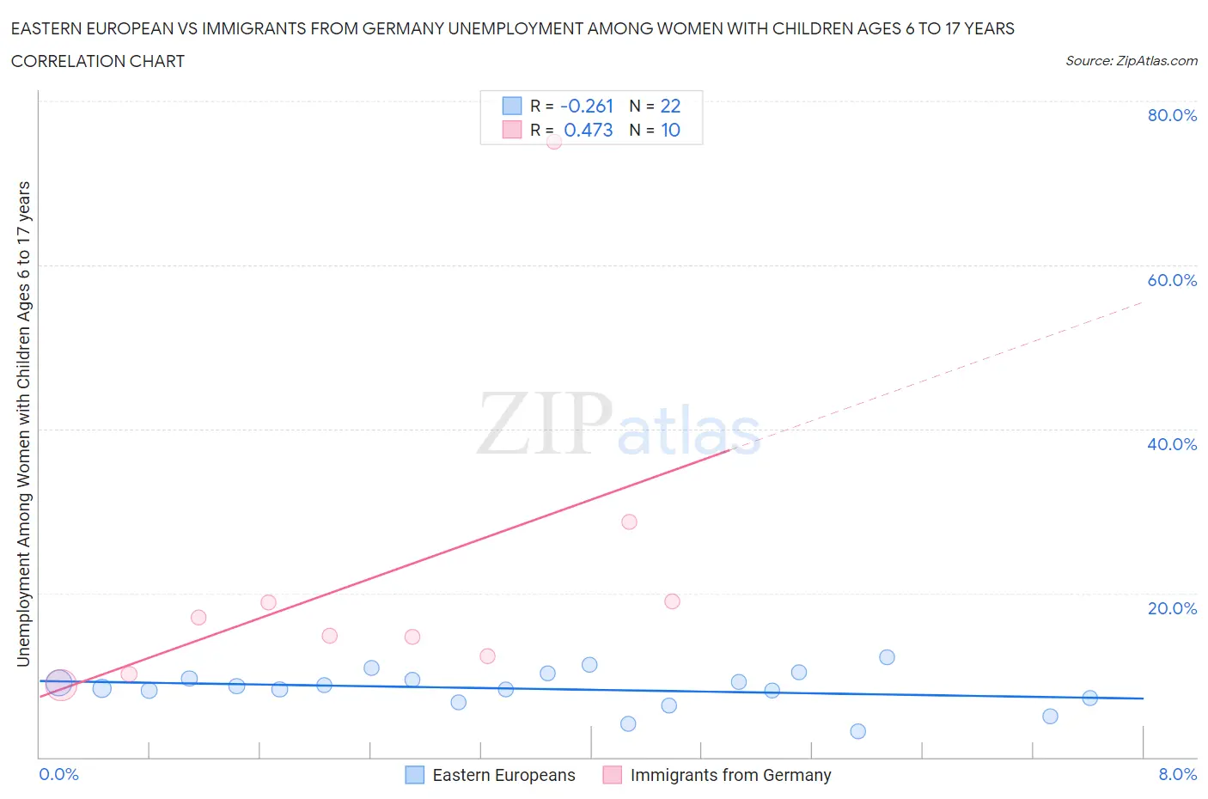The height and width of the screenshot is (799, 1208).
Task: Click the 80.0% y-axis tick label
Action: [x=1172, y=115]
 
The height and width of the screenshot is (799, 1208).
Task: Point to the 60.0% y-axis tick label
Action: [x=1172, y=280]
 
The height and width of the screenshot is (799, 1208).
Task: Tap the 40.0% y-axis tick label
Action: [x=1172, y=444]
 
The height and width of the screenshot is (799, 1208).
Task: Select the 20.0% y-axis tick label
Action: [x=1172, y=608]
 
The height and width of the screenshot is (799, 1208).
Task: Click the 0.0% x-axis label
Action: [x=58, y=774]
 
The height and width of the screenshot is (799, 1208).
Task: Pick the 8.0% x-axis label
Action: [x=1177, y=774]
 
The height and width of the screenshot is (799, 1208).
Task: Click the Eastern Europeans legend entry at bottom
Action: [x=503, y=775]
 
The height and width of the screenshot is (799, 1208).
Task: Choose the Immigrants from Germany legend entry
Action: [x=729, y=775]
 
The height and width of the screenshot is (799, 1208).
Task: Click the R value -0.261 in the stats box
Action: [x=587, y=106]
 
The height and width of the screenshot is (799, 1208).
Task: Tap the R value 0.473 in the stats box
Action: [x=589, y=130]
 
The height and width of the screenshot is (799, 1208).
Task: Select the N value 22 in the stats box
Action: [x=670, y=106]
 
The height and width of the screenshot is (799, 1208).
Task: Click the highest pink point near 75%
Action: [x=554, y=142]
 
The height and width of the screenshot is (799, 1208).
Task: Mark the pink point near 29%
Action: [x=629, y=521]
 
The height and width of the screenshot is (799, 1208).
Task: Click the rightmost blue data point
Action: [x=1089, y=698]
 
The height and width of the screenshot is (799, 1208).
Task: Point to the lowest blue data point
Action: [x=857, y=731]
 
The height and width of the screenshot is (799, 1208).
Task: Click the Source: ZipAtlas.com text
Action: [x=1131, y=61]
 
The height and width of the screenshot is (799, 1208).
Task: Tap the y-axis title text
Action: [x=23, y=424]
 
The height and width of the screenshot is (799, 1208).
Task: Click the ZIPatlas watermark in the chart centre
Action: [x=619, y=424]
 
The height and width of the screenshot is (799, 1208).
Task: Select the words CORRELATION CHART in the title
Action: [x=98, y=61]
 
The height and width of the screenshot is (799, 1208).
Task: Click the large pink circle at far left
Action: [x=60, y=685]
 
